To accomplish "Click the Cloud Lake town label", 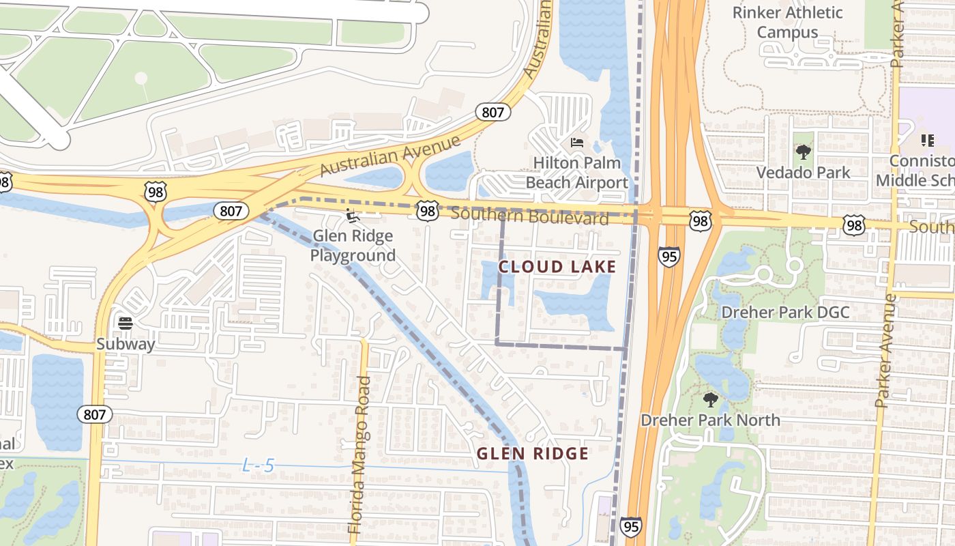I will [557, 266].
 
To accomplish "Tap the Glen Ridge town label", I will [532, 454].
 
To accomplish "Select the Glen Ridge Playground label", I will [353, 246].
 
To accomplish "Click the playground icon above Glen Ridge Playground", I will [352, 216].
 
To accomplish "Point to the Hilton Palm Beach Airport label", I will [576, 173].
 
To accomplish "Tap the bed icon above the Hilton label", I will [577, 143].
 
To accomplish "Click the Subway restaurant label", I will [126, 344].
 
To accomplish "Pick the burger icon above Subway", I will [125, 322].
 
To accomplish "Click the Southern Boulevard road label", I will [529, 216].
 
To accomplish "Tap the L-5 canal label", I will [259, 466].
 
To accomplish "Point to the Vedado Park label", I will [803, 172].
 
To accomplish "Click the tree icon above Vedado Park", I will [803, 152].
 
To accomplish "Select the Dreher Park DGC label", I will [785, 313].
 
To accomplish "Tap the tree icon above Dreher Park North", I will [710, 399].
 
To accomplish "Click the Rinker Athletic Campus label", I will [787, 22].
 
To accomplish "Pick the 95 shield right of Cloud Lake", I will [669, 257].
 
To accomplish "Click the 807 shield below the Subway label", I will [95, 414].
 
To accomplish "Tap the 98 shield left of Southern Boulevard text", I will [428, 211].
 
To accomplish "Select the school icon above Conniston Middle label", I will [927, 141].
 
